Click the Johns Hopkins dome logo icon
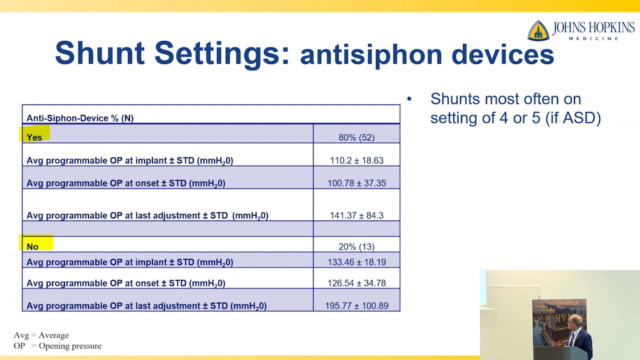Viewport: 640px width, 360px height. point(538,31)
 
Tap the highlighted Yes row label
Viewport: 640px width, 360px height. point(34,137)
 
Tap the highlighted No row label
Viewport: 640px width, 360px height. point(32,246)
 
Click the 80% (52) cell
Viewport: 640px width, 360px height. point(356,137)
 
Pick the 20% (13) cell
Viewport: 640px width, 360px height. point(356,246)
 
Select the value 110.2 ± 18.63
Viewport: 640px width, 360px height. point(356,160)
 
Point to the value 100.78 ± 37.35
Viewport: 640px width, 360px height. point(356,183)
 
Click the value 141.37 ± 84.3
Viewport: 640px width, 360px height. point(356,215)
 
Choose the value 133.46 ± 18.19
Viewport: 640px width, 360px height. point(356,262)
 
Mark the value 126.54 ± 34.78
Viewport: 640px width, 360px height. point(356,283)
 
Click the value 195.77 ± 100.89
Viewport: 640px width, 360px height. point(356,305)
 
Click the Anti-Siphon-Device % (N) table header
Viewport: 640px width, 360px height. point(80,118)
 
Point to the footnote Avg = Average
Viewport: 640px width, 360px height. point(41,335)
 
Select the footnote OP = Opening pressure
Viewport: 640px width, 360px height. point(57,345)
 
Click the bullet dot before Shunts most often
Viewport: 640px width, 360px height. point(409,99)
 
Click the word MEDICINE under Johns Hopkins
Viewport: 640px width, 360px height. point(594,38)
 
